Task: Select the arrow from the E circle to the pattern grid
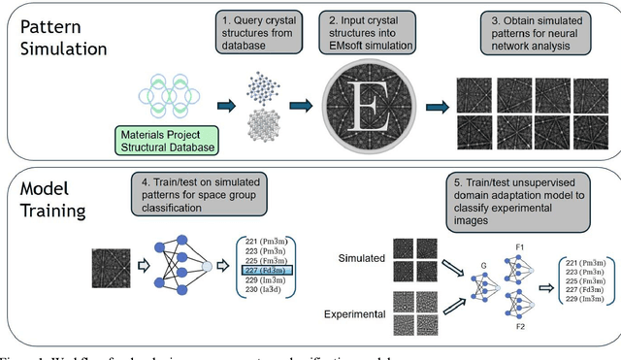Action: [x=435, y=109]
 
